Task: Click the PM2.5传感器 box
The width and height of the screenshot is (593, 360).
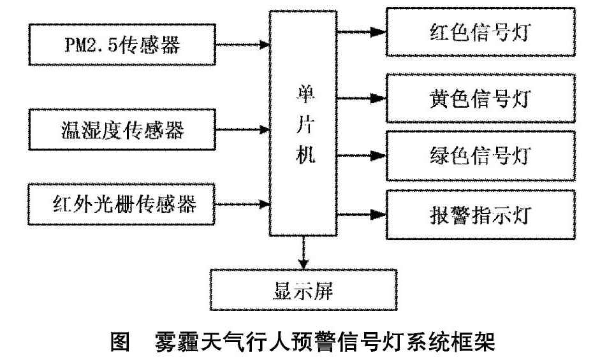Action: click(x=122, y=45)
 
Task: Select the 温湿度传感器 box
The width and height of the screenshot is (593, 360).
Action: click(x=122, y=129)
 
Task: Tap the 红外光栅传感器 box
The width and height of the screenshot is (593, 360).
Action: click(x=122, y=205)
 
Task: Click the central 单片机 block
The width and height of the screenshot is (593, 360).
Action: click(x=303, y=124)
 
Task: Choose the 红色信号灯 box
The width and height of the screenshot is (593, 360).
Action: click(x=481, y=32)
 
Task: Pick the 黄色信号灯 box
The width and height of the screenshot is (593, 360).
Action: click(x=481, y=98)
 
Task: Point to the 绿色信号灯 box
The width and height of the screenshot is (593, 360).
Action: click(x=481, y=155)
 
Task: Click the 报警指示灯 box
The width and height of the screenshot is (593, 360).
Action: click(x=481, y=215)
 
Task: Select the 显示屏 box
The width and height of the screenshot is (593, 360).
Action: click(x=304, y=290)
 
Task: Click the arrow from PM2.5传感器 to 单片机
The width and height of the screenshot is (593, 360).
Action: click(x=242, y=45)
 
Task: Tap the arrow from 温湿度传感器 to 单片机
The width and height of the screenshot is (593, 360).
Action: click(x=242, y=129)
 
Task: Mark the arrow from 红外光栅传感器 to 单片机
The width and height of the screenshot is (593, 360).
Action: click(x=242, y=205)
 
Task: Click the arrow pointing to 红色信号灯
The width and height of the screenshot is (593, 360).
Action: click(x=362, y=32)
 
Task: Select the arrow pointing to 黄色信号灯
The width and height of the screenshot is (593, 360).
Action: click(x=362, y=99)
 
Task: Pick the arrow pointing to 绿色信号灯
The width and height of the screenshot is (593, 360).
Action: click(x=362, y=155)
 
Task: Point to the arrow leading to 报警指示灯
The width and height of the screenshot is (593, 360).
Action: click(x=362, y=215)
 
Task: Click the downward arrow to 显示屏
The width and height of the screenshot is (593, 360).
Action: click(x=304, y=253)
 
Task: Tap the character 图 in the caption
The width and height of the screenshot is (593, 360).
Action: click(x=121, y=342)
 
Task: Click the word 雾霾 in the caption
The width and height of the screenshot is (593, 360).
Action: click(x=176, y=342)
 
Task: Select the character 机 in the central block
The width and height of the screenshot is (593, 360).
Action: click(x=305, y=154)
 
